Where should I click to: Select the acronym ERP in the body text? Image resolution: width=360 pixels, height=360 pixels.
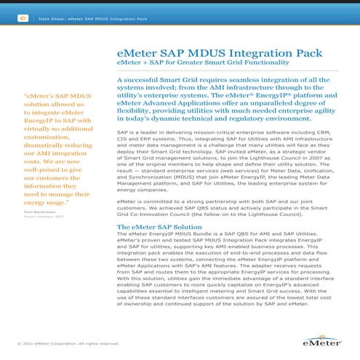(x=146, y=141)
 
